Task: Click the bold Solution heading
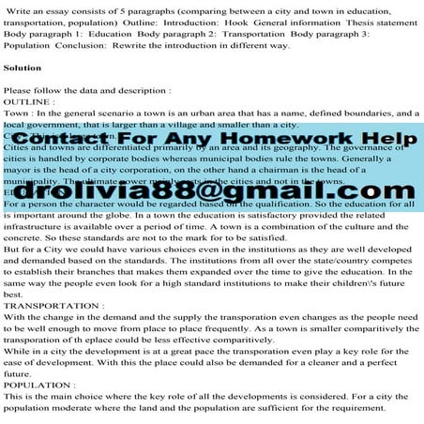pos(23,68)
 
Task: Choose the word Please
pos(23,91)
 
